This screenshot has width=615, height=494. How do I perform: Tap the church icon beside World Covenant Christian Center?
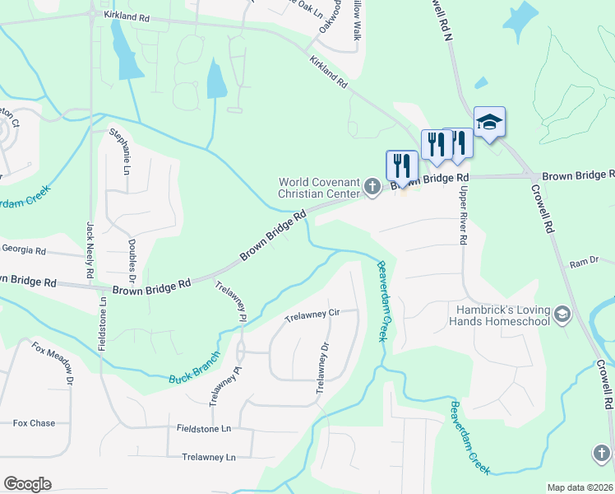click(372, 188)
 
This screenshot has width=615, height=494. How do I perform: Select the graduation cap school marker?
click(489, 123)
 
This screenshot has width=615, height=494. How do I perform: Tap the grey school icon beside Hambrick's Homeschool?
click(562, 315)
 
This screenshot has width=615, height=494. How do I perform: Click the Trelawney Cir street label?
click(312, 315)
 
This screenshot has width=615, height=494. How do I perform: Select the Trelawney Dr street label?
click(321, 362)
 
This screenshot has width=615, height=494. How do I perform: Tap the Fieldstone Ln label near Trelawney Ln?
click(204, 429)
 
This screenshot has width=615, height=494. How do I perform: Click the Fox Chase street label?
click(34, 423)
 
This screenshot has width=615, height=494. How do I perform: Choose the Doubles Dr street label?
click(132, 260)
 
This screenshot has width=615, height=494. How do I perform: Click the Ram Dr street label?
click(584, 263)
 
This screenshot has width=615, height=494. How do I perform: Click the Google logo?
click(26, 484)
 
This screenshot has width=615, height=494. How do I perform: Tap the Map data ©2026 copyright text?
click(580, 487)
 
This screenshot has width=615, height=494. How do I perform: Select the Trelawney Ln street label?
click(209, 456)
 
